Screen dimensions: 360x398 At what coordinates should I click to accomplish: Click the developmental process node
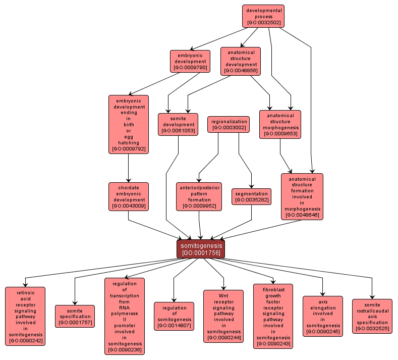(263, 16)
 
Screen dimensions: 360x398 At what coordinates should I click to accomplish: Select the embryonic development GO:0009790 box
(190, 61)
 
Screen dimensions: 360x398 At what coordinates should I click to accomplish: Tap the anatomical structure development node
(241, 61)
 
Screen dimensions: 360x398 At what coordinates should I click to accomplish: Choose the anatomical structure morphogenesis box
(280, 124)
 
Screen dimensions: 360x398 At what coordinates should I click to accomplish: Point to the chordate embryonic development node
(128, 196)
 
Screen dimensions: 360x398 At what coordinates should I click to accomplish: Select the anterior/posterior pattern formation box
(199, 196)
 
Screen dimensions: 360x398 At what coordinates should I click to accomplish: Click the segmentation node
(251, 196)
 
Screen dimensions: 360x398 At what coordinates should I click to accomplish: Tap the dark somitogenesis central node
(201, 249)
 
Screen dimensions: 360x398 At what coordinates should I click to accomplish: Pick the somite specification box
(75, 316)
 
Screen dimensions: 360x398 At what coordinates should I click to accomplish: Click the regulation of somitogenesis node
(174, 316)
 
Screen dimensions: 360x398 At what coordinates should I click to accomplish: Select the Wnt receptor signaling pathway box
(223, 316)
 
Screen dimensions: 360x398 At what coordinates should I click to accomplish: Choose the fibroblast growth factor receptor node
(273, 316)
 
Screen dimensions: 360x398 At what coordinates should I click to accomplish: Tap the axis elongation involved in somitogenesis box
(323, 316)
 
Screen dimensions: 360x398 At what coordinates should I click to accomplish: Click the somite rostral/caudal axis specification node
(372, 316)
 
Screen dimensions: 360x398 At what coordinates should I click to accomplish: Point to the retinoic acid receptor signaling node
(25, 316)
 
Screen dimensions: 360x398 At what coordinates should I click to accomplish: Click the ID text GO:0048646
(302, 215)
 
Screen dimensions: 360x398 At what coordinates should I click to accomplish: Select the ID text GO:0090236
(125, 349)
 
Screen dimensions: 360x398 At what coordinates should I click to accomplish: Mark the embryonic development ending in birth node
(128, 124)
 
